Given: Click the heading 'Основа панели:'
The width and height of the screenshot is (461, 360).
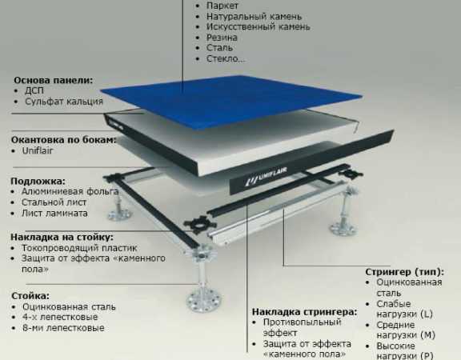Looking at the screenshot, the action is point(53,80).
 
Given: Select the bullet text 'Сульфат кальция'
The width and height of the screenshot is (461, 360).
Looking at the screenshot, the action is point(64,102).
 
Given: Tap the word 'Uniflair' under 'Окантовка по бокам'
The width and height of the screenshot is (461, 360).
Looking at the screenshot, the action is point(38,150).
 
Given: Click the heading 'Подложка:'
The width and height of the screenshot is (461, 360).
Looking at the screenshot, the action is point(38,181).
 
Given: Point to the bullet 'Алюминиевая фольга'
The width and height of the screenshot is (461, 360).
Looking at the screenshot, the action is point(70,192).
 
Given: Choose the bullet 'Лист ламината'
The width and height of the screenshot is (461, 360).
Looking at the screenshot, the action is point(54,213).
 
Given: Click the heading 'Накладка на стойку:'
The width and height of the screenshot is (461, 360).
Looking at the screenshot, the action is point(62,237).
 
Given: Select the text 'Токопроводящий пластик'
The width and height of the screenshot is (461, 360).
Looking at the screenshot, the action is point(79,248).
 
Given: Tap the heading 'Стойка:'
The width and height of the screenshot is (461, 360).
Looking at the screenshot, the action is point(30,296).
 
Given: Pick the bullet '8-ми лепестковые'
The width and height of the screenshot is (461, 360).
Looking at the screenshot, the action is point(63,328).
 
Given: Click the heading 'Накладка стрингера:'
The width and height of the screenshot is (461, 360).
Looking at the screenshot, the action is point(305,312).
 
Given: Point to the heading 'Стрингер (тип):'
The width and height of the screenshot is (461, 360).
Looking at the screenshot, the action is point(404,272).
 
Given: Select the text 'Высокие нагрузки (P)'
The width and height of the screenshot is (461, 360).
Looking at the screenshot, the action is point(405,351).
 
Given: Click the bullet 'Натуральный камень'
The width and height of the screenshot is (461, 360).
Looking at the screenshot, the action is point(254,17).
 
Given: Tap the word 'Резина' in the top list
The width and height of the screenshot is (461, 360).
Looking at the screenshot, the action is point(222,38).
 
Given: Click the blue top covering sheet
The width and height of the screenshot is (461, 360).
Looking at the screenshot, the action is point(231,102).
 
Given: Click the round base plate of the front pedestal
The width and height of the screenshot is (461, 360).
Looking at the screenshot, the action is point(203,301).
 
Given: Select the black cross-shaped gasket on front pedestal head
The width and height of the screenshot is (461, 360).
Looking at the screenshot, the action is point(200,225).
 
